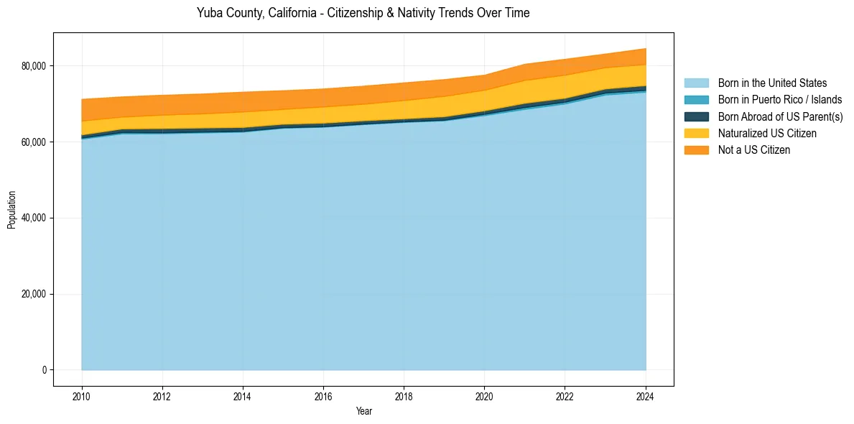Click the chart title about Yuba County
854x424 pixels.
(363, 13)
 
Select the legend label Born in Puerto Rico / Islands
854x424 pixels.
(780, 100)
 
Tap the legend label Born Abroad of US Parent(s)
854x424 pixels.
(780, 116)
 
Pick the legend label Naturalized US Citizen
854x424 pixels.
(767, 133)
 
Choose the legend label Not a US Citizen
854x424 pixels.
(754, 150)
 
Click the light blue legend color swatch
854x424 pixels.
(696, 83)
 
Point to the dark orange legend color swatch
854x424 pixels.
(696, 150)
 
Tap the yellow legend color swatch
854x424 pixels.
(696, 133)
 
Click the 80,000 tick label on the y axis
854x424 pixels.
(34, 66)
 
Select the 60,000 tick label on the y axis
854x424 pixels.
(34, 142)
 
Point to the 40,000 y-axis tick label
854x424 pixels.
(34, 218)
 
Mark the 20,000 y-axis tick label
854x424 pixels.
(34, 295)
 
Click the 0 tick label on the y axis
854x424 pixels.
(43, 370)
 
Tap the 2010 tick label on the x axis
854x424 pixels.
(82, 395)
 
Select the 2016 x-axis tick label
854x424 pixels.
(324, 395)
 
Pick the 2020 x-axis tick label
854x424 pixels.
(485, 395)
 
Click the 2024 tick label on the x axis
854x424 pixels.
(646, 395)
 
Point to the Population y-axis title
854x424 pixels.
(11, 210)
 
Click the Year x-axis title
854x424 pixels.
(363, 411)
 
